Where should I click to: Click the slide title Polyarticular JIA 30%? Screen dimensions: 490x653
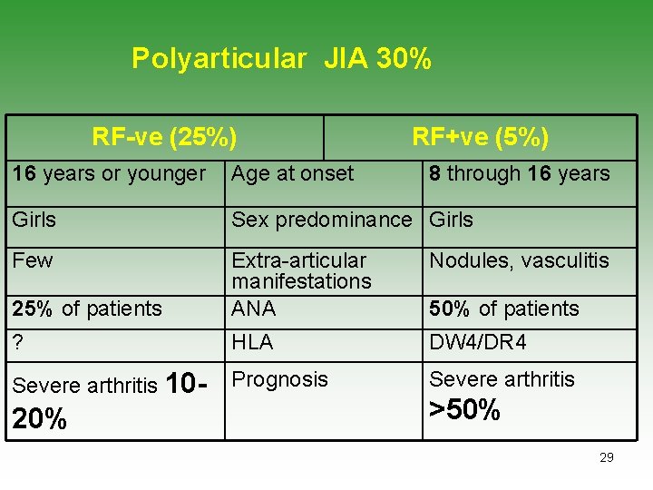point(281,59)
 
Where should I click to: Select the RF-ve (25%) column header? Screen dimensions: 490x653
point(164,137)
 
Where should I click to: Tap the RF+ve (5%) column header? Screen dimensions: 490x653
point(480,137)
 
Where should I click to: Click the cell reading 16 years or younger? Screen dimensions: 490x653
point(109,173)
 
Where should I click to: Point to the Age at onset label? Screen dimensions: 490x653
point(292,173)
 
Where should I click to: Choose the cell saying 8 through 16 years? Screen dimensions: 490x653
point(520,173)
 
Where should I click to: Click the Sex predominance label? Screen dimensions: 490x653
point(321,220)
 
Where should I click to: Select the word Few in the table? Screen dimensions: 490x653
point(33,261)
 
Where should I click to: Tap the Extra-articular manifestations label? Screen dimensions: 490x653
point(301,270)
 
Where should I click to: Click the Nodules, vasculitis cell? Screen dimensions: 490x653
point(519,261)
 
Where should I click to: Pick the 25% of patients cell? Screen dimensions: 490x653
point(87,309)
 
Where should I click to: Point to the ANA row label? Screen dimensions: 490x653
point(254,309)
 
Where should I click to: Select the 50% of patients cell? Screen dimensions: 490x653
point(503,309)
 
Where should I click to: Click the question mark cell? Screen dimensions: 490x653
point(18,343)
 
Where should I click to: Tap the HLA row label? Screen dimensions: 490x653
point(252,343)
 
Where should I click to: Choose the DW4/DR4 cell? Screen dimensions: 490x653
point(477,343)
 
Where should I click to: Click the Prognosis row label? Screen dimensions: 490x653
point(279,379)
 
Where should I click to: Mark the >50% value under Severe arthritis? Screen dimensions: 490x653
point(464,410)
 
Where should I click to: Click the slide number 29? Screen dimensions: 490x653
point(607,457)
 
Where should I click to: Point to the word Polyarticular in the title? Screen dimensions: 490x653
point(219,59)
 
